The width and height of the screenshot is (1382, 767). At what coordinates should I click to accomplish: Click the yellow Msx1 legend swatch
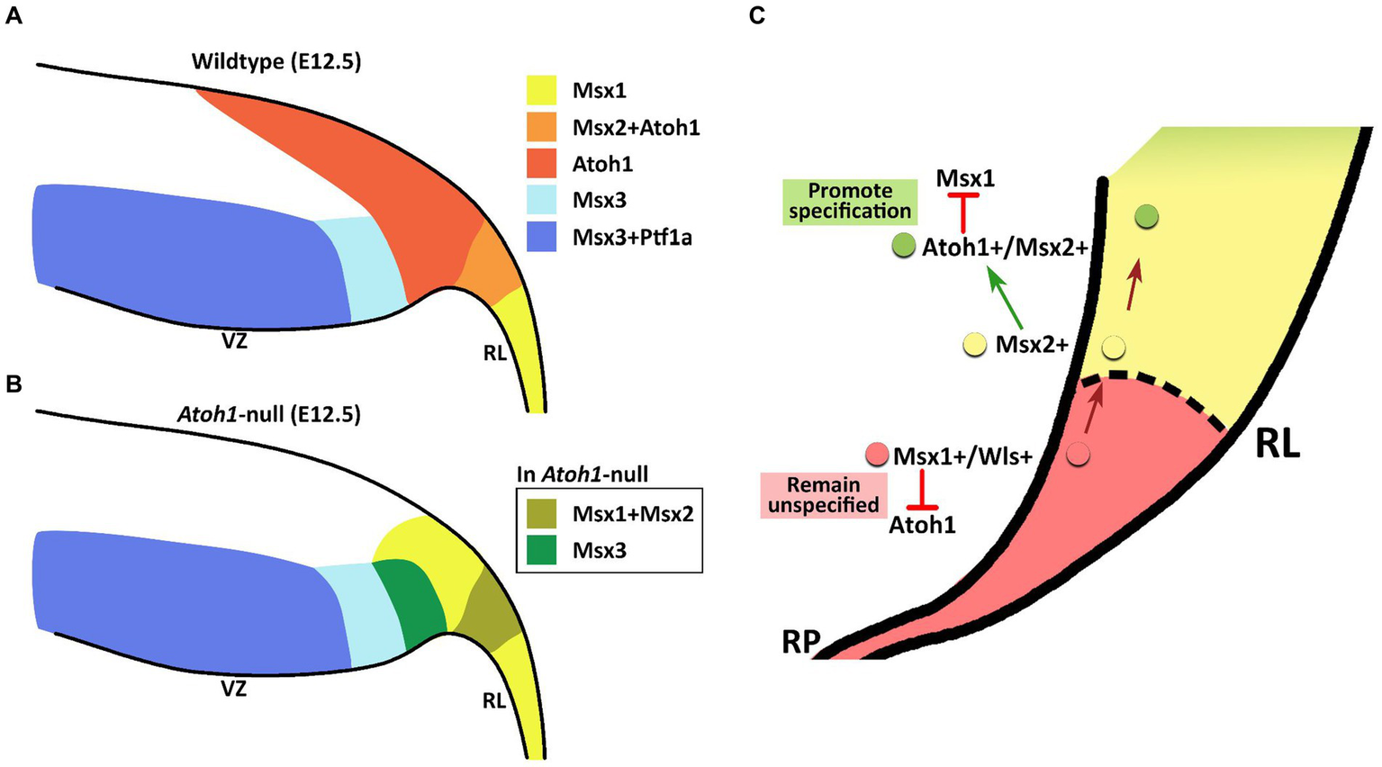pos(544,90)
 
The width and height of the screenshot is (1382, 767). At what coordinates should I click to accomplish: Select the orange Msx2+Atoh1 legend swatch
pos(544,127)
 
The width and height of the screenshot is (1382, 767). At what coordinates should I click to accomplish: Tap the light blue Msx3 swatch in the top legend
pos(544,201)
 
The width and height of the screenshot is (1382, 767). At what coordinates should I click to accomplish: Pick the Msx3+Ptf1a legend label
pos(632,239)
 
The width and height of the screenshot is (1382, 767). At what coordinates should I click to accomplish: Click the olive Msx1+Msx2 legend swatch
pos(544,513)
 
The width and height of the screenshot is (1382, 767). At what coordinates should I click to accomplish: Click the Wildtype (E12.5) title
pos(275,62)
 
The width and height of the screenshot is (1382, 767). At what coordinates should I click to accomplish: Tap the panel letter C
pos(756,15)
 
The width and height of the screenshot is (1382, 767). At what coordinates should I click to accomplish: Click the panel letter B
pos(14,383)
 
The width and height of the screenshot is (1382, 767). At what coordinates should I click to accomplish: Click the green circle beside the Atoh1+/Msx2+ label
pos(903,246)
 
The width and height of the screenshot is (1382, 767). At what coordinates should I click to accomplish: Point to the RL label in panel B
pos(494,699)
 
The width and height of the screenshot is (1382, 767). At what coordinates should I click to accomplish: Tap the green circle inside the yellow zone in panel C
pos(1146,216)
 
